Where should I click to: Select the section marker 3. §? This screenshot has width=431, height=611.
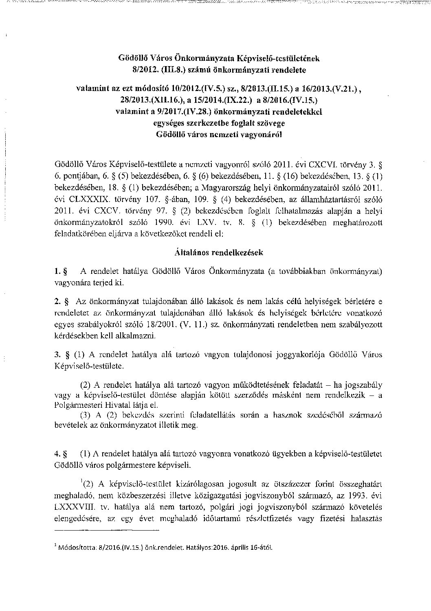(x=60, y=355)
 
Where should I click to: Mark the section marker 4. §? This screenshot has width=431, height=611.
(x=60, y=454)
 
